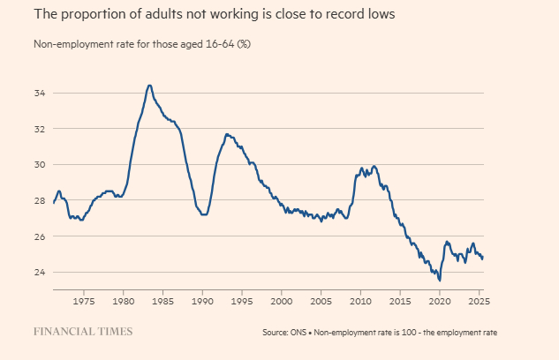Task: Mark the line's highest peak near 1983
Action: [x=149, y=85]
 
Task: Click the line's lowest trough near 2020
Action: [x=440, y=280]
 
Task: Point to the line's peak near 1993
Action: [x=227, y=134]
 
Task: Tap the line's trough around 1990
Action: [x=204, y=214]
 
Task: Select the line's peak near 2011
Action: [x=374, y=166]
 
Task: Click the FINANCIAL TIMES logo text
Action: [x=83, y=332]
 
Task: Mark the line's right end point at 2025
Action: [x=483, y=258]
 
